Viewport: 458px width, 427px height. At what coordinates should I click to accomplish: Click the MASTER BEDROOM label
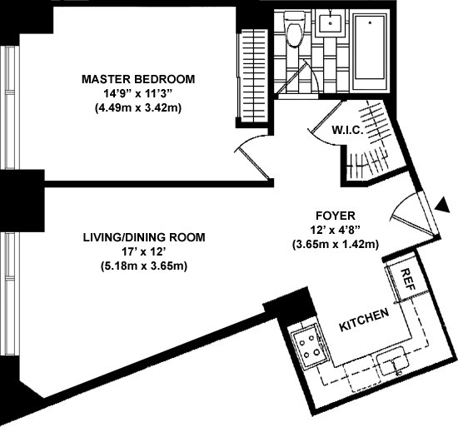(138, 79)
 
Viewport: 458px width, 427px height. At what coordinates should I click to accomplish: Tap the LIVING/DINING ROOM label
(144, 237)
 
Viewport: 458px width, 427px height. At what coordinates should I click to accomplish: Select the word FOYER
(336, 216)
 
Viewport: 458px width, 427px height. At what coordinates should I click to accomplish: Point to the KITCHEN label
(364, 320)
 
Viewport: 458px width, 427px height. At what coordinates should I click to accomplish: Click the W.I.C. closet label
(347, 130)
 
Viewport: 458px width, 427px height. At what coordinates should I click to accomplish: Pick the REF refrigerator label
(408, 280)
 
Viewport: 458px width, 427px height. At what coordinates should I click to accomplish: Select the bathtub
(370, 51)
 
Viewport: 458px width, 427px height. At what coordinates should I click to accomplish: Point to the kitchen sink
(393, 360)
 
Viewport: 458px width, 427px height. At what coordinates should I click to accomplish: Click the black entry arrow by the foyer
(442, 206)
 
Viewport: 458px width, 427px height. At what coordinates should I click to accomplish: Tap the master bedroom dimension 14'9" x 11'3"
(138, 94)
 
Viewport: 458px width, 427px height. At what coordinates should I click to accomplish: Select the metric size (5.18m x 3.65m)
(144, 266)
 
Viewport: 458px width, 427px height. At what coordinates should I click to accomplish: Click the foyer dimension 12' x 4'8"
(336, 230)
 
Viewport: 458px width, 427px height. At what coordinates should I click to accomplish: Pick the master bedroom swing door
(253, 156)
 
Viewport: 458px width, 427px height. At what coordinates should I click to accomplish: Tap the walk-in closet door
(324, 122)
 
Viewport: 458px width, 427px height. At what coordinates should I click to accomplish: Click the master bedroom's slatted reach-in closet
(252, 77)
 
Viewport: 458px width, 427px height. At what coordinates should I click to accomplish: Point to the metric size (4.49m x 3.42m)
(138, 108)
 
